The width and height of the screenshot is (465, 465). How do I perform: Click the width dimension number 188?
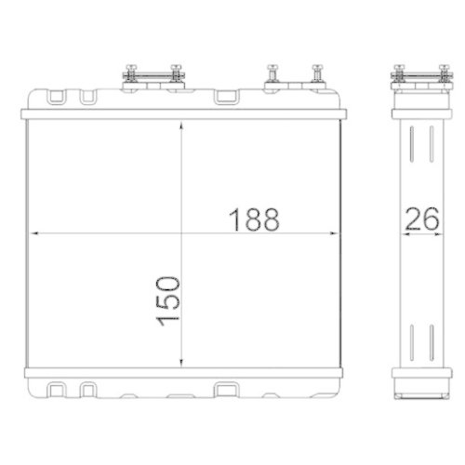click(x=255, y=220)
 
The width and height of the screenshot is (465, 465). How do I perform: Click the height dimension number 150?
click(x=168, y=299)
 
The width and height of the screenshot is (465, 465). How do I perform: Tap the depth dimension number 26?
click(x=420, y=220)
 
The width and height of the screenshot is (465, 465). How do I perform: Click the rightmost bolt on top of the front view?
click(x=319, y=73)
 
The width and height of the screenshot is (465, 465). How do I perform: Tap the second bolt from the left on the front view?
click(x=176, y=73)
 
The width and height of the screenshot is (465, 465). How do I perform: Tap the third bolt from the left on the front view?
click(x=271, y=73)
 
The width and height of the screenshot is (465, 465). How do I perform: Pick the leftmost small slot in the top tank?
click(x=57, y=96)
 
